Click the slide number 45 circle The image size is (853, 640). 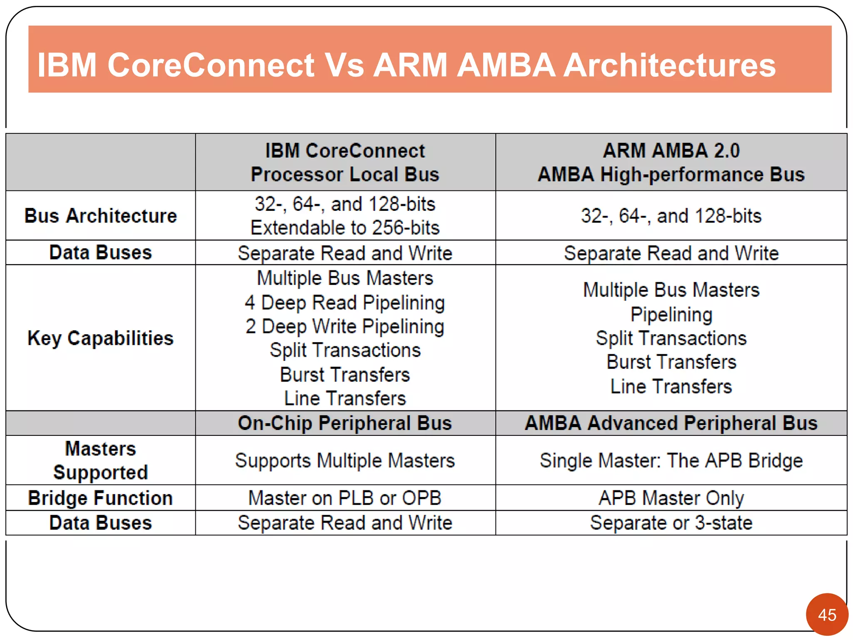pos(827,614)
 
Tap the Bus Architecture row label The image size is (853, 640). pos(100,216)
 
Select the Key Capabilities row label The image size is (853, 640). pos(100,338)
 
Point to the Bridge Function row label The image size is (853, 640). pos(100,498)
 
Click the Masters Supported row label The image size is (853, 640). pos(100,460)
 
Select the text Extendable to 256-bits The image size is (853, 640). pos(345,228)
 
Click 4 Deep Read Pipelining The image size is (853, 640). pos(345,302)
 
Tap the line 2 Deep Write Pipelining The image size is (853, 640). pos(345,326)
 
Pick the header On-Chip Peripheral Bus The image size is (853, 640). pos(345,423)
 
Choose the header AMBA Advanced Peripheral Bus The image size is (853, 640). pos(671,423)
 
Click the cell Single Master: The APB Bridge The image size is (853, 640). pos(671,461)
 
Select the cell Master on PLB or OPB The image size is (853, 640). pos(345,498)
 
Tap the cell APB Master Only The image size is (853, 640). pos(671,498)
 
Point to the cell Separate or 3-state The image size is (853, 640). pos(671,523)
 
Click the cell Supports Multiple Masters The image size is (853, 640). pos(345,461)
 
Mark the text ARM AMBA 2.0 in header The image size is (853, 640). pos(671,150)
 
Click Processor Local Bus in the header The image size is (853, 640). pos(345,175)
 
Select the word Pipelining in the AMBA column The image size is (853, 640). pos(671,315)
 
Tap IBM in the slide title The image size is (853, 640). pos(67,65)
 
